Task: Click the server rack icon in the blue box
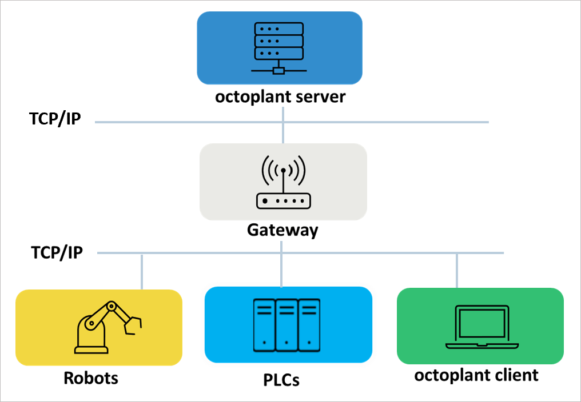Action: (x=279, y=48)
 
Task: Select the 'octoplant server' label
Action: (x=280, y=97)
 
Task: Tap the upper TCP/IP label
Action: (x=55, y=119)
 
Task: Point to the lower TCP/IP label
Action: (x=57, y=252)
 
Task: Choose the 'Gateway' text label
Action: (x=282, y=230)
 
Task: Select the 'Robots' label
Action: (x=91, y=378)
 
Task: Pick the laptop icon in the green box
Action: (x=480, y=327)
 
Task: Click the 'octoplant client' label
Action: (x=476, y=375)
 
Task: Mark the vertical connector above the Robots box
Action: (x=142, y=272)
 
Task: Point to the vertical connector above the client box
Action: (x=456, y=271)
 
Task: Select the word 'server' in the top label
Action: (x=321, y=97)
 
